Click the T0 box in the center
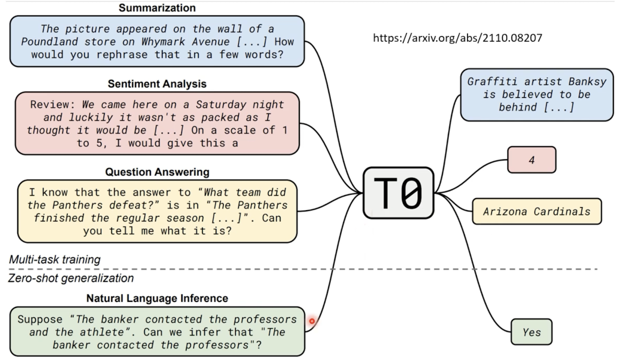coord(399,193)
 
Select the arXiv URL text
coord(458,38)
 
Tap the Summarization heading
coord(157,8)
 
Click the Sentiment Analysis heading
coord(157,84)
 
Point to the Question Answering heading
coord(157,172)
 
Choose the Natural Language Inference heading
coord(157,298)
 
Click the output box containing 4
coord(531,160)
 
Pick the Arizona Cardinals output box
coord(536,211)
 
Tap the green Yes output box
coord(531,332)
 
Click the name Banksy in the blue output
coord(587,82)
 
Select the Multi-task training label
coord(55,260)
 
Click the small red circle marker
coord(312,321)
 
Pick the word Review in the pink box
coord(53,105)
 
